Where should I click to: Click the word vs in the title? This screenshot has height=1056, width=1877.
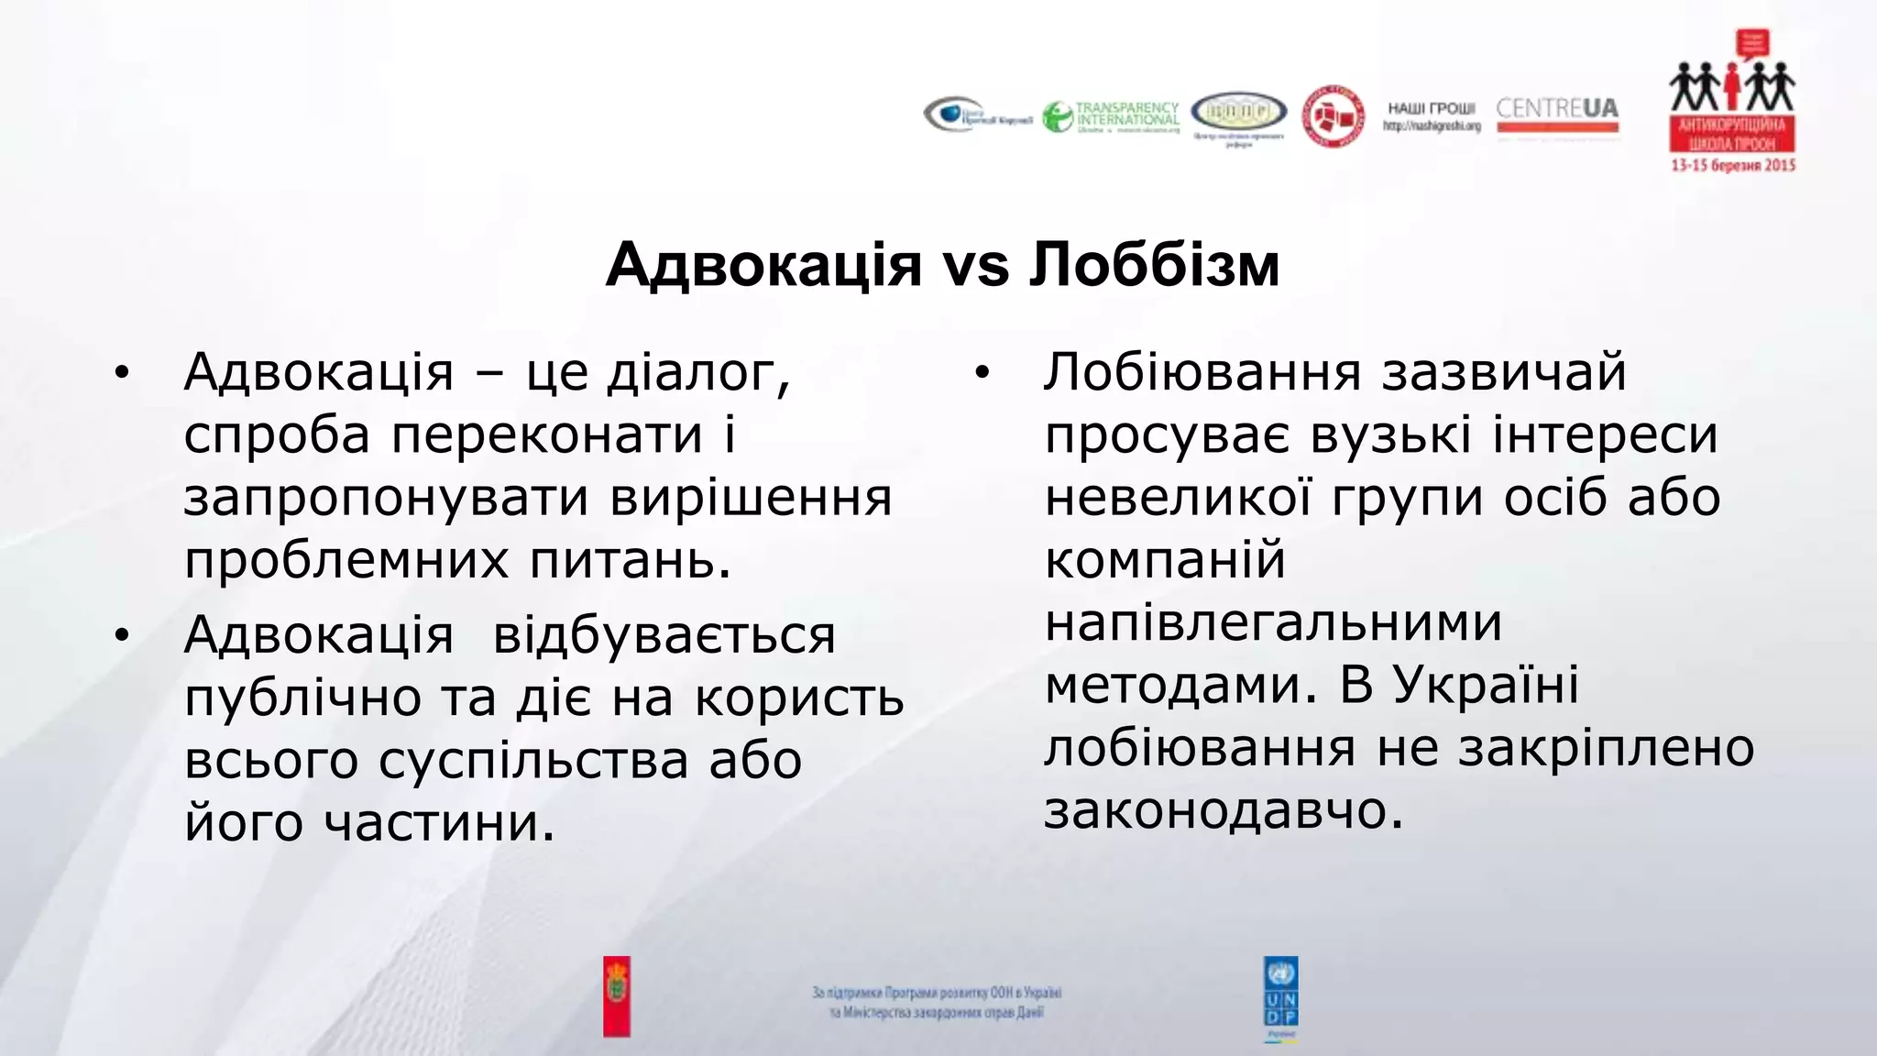pos(975,265)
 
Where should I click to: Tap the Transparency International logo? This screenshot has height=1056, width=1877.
pos(1111,117)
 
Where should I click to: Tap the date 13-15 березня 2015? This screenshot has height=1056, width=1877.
pos(1732,165)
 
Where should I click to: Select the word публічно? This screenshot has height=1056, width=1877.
pos(303,698)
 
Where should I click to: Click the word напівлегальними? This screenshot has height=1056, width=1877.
pos(1273,623)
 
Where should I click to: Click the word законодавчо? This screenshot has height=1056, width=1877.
pos(1224,810)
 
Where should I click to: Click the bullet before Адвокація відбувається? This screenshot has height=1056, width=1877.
pos(122,635)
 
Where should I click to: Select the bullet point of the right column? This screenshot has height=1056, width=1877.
pos(982,373)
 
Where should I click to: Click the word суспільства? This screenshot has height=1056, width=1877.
pos(533,761)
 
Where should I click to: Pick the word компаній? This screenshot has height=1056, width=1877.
pos(1165,560)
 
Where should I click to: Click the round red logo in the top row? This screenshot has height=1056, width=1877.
pos(1334,116)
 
